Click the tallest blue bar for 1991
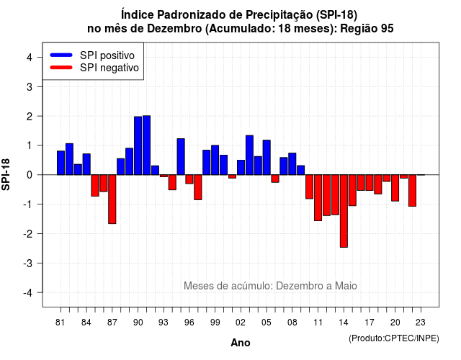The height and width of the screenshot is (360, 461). [146, 145]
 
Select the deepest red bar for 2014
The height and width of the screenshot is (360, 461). [344, 211]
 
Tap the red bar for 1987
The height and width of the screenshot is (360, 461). [112, 199]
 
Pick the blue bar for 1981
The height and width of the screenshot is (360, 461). [61, 163]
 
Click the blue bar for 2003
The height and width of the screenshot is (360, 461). [249, 156]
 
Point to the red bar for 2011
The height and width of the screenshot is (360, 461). [318, 198]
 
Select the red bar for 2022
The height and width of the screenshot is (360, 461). [412, 190]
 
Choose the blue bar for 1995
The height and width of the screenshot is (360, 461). [181, 157]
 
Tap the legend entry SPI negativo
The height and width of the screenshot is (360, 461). [94, 68]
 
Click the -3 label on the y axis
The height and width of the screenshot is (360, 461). [28, 264]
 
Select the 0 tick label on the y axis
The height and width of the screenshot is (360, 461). [30, 175]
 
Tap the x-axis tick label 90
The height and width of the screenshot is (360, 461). [138, 323]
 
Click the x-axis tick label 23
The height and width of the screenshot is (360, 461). [421, 323]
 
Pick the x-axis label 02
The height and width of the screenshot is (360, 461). [241, 323]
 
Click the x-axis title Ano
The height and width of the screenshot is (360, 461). [241, 343]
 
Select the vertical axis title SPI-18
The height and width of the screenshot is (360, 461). [6, 174]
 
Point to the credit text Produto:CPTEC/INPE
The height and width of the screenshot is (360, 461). [394, 338]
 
